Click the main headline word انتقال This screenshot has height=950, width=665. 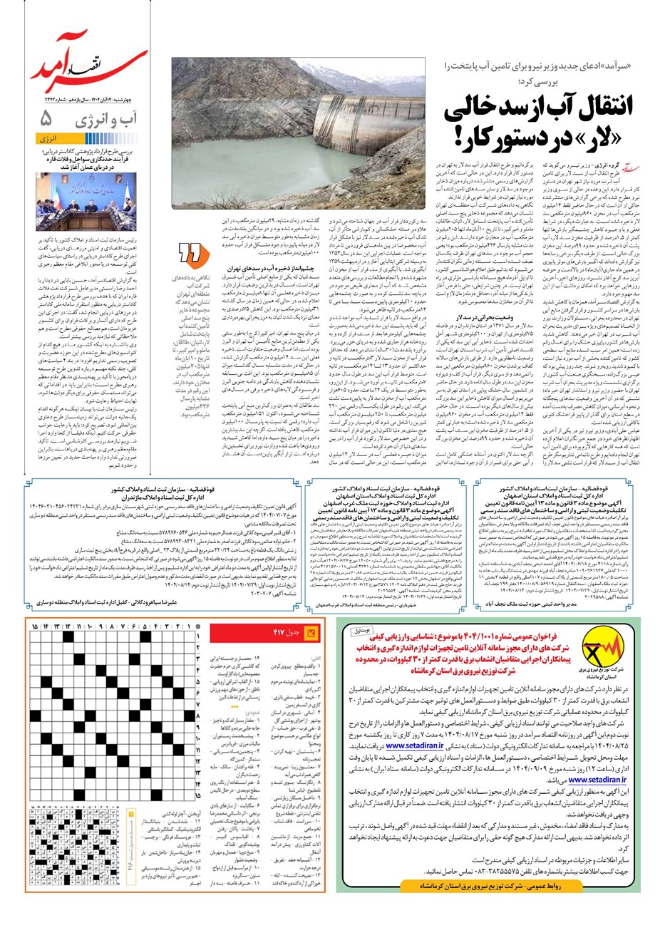(x=596, y=105)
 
